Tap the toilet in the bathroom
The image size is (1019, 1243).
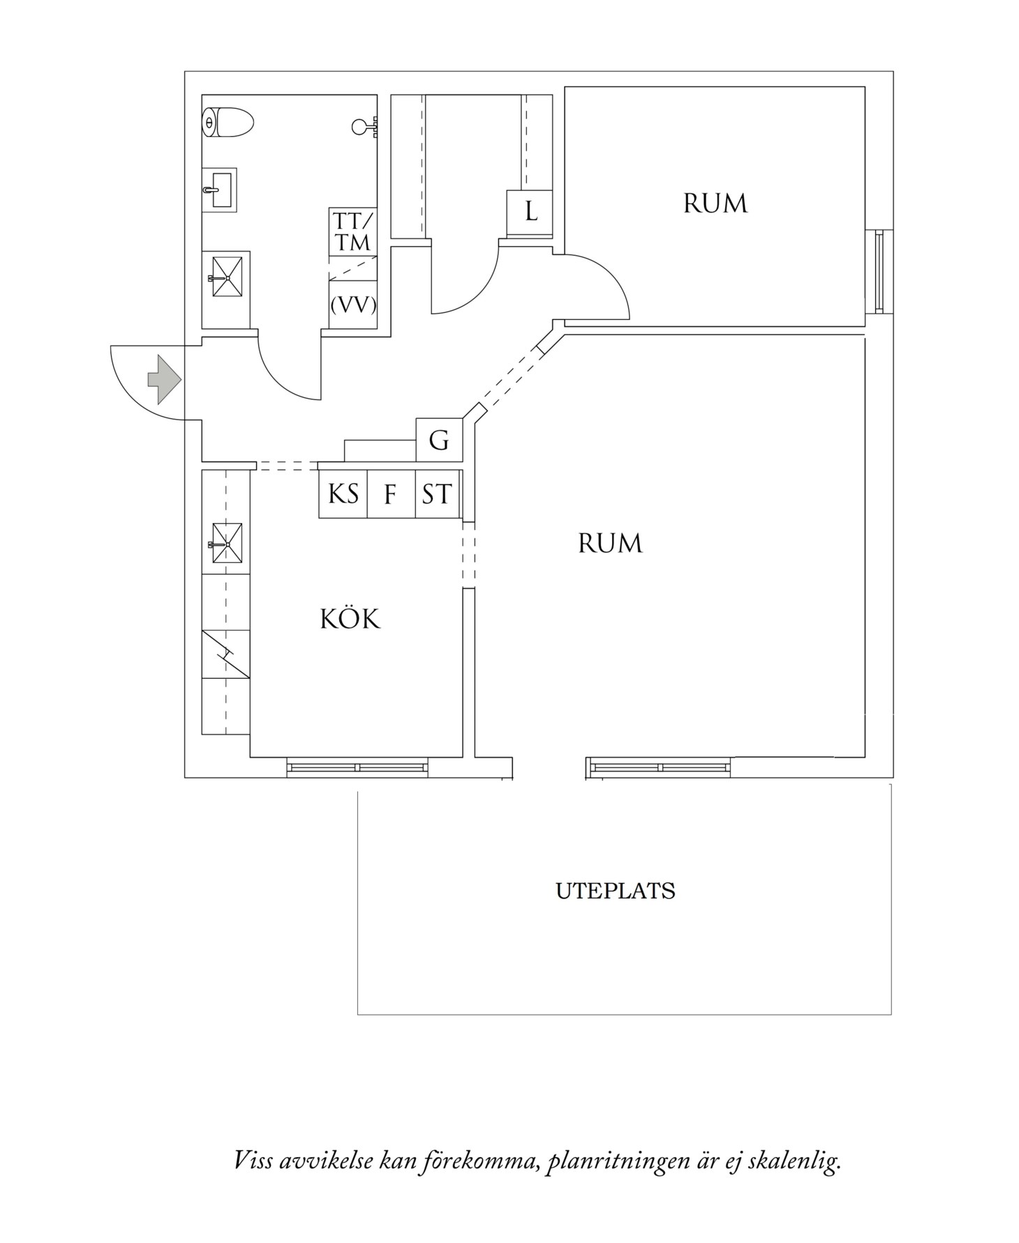(228, 122)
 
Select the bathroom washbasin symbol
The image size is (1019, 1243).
(219, 189)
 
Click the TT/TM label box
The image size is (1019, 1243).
(352, 231)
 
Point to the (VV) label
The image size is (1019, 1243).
(352, 304)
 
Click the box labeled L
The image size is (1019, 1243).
(530, 211)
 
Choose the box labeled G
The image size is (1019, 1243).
(439, 440)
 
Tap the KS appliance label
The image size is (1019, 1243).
(343, 494)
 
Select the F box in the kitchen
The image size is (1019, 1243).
(390, 495)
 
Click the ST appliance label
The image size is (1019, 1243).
(437, 494)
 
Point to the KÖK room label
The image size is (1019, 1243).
(350, 619)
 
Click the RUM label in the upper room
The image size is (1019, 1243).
(715, 204)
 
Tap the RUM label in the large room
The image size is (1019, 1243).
(609, 543)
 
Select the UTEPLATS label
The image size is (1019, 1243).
(615, 892)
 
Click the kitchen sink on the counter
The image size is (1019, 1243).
(226, 543)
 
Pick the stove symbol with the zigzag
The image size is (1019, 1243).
(225, 654)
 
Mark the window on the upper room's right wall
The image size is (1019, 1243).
(879, 272)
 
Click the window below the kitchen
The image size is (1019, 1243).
(357, 767)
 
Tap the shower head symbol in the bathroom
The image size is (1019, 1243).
(363, 126)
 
